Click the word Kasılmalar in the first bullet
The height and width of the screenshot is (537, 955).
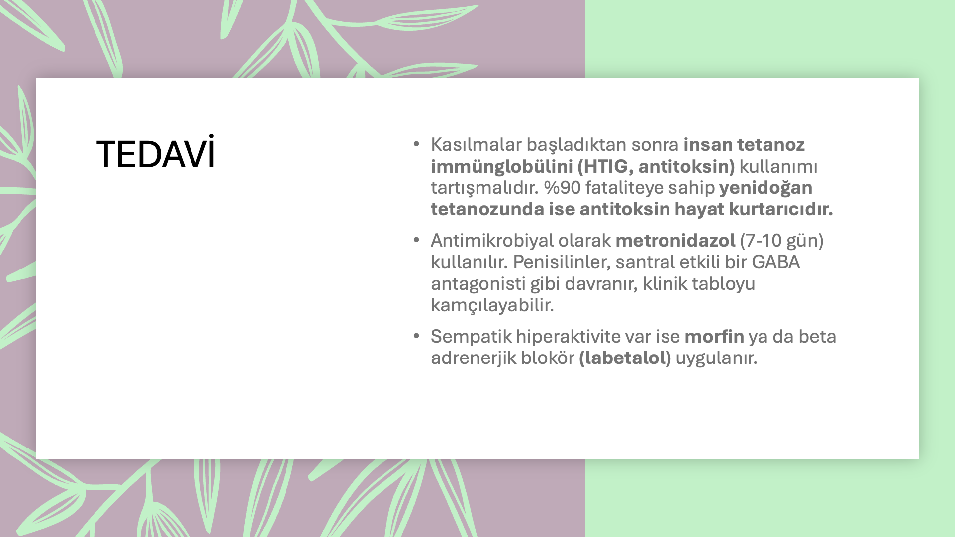pos(476,144)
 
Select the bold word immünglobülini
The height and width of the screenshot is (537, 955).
pos(502,167)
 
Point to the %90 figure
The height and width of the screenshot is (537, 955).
pos(562,187)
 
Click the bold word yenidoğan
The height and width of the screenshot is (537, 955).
pos(765,188)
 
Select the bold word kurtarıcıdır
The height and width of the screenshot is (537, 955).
pos(781,209)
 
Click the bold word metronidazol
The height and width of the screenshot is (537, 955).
pos(675,240)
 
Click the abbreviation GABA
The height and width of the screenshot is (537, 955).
pos(775,262)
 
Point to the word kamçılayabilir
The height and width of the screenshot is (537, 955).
pos(492,305)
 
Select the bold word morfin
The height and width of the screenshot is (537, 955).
pos(714,336)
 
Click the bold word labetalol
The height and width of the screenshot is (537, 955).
pos(625,358)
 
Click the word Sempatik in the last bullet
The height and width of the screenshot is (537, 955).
pos(471,337)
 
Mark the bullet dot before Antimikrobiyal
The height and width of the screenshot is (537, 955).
pos(416,240)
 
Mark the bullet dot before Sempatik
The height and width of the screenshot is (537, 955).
pos(416,336)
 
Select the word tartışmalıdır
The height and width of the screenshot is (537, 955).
pos(485,188)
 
